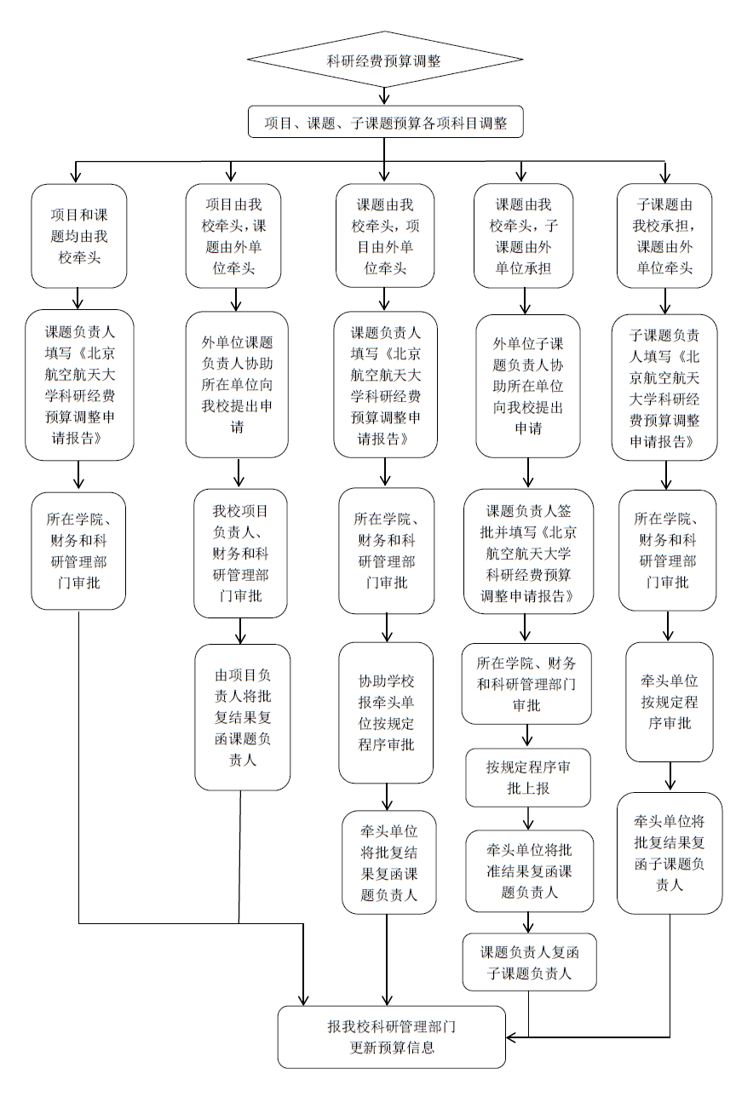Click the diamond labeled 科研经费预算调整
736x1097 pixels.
pos(384,60)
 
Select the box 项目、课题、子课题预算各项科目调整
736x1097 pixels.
pos(385,123)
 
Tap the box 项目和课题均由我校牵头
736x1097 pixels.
pos(79,236)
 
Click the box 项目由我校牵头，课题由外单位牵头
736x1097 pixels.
pos(234,236)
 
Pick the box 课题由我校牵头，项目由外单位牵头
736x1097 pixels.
pos(384,236)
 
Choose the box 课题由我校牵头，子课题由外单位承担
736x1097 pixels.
pos(522,236)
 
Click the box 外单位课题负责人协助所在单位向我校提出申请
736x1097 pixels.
pos(237,385)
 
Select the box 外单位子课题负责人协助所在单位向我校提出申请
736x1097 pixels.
pos(528,385)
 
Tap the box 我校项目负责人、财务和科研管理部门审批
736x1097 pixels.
pos(240,553)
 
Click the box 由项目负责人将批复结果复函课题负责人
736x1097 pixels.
pos(242,716)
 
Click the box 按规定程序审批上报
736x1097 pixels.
pos(528,778)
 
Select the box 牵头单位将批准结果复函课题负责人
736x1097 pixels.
pos(529,870)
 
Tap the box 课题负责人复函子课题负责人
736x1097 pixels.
pos(529,962)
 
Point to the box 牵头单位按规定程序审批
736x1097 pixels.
pos(669,702)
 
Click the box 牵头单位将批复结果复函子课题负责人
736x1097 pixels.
pos(669,853)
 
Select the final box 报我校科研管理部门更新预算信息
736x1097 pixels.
pos(392,1037)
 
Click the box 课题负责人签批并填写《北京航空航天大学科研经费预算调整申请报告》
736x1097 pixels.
pos(528,554)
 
